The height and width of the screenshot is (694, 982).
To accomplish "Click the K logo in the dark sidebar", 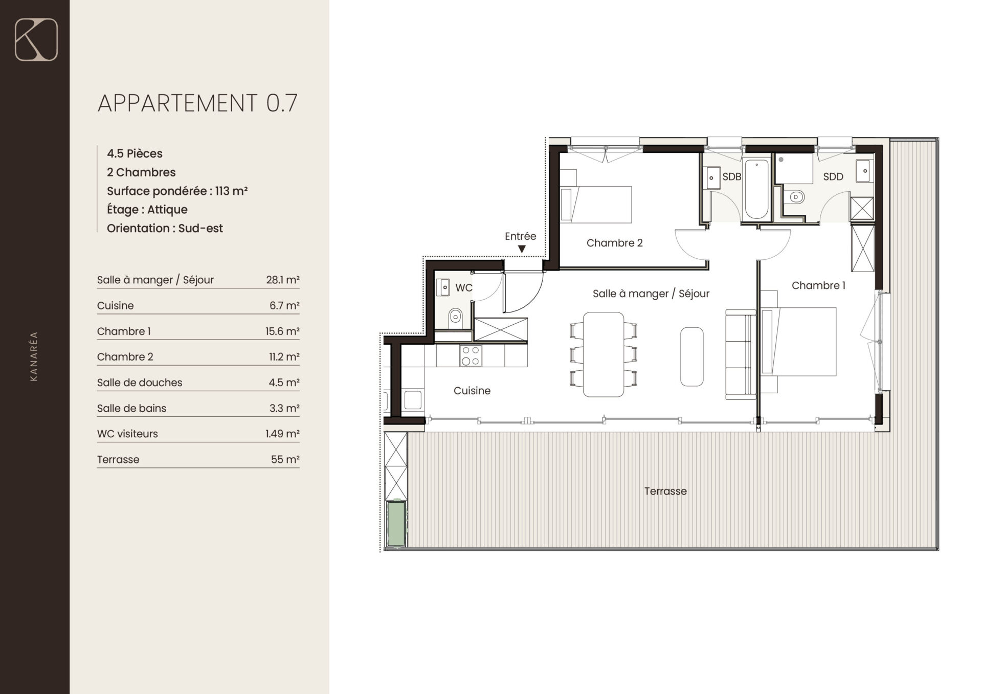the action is coord(36,39).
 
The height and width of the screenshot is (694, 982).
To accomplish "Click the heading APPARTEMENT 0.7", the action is coord(197,103).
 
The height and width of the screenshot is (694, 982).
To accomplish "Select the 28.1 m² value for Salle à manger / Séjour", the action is coord(282,280).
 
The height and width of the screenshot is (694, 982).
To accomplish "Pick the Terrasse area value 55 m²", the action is coord(285,459).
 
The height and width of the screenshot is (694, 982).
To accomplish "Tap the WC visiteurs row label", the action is coord(127,434).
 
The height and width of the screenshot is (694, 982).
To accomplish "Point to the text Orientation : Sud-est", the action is coord(165,228).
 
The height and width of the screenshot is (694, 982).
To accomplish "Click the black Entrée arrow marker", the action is coord(522,249).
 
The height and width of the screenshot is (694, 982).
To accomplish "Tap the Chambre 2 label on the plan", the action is coord(614,243).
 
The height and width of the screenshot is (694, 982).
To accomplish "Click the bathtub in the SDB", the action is coord(756,189).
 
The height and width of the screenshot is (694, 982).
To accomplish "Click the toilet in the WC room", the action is coord(455,317).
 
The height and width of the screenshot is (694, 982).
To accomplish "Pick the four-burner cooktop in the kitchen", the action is coord(471,355).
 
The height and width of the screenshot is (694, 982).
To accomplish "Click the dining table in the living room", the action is coord(604,354).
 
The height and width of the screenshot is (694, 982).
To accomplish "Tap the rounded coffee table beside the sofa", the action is coord(691,356).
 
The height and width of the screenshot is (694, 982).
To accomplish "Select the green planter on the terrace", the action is coord(396,524).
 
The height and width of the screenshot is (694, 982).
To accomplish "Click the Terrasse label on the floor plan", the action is coord(665,491).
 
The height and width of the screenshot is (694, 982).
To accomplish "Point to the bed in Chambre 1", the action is coord(798,342).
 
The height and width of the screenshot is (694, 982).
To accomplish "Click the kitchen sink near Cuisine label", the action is coord(413,400).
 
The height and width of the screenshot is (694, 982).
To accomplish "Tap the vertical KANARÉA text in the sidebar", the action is coord(34,356).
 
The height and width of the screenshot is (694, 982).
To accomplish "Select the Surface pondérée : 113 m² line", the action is coord(177,191).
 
